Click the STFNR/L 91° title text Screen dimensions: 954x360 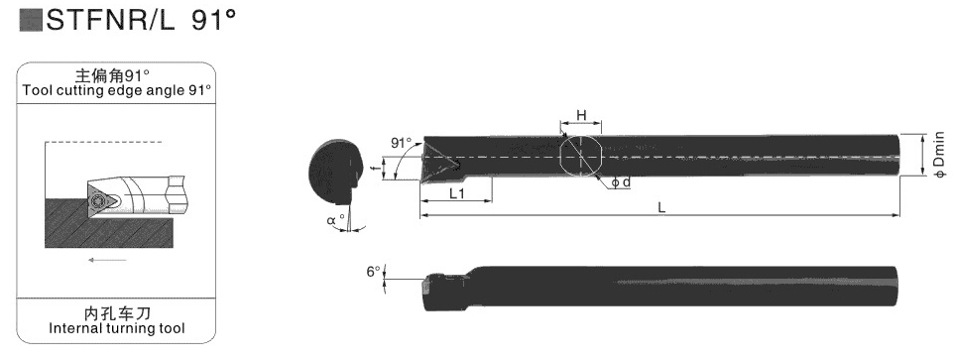coord(141,20)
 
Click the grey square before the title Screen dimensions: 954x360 coord(31,20)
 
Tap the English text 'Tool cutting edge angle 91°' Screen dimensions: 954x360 coord(117,90)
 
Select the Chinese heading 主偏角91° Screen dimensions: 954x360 coord(112,76)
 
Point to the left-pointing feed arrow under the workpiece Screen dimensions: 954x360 coord(108,260)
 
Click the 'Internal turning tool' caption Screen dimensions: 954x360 coord(116,329)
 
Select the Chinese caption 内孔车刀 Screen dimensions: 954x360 coord(117,313)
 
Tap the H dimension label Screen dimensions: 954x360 coord(581,115)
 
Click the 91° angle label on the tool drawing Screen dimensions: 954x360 coord(402,144)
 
